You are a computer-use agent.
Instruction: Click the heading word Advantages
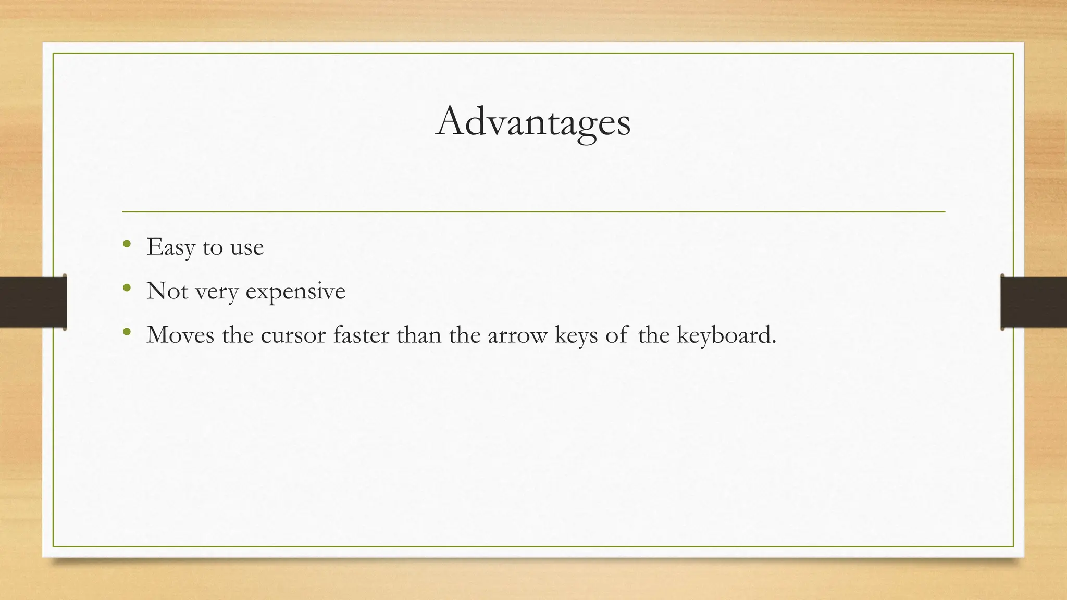[532, 122]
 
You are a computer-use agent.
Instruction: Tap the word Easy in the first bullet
[170, 247]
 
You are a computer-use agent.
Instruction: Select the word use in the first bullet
[246, 248]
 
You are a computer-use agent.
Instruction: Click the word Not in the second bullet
[167, 291]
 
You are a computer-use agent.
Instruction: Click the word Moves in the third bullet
[180, 335]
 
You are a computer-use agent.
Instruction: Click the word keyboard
[726, 335]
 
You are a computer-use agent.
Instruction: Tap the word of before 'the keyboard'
[616, 335]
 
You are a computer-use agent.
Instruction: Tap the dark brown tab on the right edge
[1034, 302]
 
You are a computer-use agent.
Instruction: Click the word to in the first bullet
[213, 248]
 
